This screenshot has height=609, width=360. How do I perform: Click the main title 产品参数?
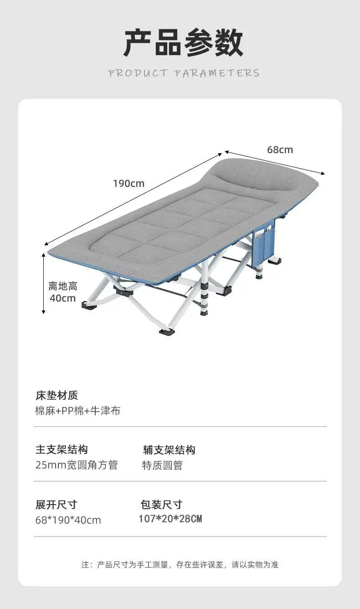point(184,43)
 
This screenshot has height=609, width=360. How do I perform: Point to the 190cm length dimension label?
point(129,184)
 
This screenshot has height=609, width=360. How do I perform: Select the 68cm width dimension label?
point(280,150)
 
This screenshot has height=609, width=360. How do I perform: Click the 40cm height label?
point(62,298)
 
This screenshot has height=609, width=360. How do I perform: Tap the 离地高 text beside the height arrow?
point(63,286)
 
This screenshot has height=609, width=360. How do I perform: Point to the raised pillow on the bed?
point(255,178)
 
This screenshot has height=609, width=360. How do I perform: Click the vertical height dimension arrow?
point(43,283)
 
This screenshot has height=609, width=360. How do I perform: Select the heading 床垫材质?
point(57,396)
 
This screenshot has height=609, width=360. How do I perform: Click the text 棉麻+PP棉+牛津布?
point(78,411)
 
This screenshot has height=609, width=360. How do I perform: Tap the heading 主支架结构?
point(62,449)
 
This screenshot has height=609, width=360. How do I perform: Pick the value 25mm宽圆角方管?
point(77,465)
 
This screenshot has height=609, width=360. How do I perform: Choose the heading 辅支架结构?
point(169,450)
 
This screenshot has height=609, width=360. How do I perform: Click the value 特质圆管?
point(163,465)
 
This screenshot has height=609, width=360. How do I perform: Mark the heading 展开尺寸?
point(56,505)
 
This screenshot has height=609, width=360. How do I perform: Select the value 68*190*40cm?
point(68,520)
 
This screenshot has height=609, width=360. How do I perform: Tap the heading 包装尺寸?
point(161,505)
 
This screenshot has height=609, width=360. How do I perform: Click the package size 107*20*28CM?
point(170,519)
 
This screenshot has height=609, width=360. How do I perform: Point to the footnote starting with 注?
point(180,565)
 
